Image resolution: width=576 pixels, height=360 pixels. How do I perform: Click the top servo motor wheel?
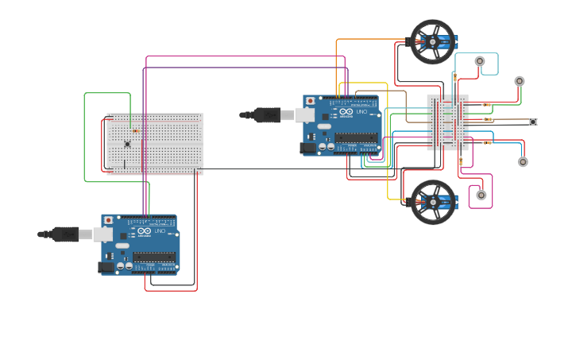click(432, 41)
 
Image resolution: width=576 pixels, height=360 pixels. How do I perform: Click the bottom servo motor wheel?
click(433, 202)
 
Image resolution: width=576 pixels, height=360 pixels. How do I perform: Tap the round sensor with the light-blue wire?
click(480, 61)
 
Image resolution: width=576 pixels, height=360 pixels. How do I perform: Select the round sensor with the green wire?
click(520, 81)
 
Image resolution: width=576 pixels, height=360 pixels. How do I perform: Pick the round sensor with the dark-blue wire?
click(523, 162)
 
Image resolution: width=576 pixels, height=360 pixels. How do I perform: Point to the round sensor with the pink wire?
click(481, 195)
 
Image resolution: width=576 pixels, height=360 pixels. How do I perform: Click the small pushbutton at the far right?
click(533, 122)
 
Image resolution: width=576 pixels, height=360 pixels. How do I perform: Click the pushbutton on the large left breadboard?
click(127, 144)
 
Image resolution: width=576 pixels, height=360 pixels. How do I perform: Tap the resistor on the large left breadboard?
click(135, 130)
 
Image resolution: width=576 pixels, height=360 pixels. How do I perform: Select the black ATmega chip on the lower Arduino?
click(153, 257)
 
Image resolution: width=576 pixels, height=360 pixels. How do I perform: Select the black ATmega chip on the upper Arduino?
click(355, 137)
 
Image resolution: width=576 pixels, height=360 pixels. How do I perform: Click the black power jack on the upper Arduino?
click(307, 148)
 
